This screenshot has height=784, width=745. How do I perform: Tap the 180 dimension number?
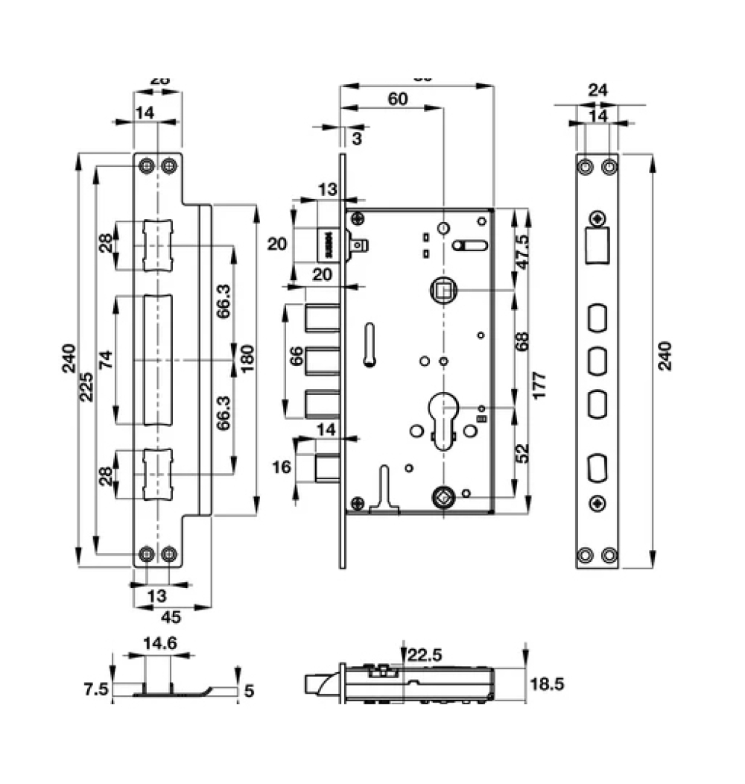coord(244,360)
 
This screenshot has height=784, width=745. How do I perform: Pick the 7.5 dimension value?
coord(96,690)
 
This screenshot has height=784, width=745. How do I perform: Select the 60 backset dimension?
coord(398,99)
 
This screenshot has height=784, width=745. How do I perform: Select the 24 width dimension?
coord(597,90)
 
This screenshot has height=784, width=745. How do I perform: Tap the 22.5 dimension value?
coord(425,655)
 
